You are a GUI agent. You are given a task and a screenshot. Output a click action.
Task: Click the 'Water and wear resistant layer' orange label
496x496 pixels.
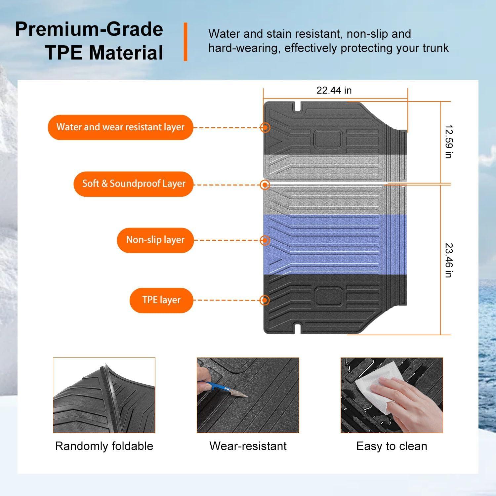coord(120,127)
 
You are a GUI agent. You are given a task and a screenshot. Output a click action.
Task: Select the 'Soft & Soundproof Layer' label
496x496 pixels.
coord(133,184)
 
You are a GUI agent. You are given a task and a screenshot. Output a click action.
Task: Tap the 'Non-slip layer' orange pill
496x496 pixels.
coord(155,240)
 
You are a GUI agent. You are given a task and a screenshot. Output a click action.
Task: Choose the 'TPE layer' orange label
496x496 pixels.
coord(161,300)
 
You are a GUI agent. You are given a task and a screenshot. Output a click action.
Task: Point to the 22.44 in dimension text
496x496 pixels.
coord(334,90)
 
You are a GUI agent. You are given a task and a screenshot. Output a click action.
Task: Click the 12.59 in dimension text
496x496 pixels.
coord(448,142)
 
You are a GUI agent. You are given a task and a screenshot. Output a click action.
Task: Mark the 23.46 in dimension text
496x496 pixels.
coord(448,260)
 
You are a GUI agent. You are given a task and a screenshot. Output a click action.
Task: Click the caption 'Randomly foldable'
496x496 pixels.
coord(104,446)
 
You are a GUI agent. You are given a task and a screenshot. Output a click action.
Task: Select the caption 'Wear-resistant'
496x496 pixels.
coord(248,446)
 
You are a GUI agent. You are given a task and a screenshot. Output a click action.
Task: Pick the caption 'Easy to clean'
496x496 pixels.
coord(392,446)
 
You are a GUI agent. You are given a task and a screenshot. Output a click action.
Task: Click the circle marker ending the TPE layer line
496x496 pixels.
coord(265,300)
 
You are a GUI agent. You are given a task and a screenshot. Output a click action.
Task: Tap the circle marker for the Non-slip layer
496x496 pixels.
coord(265,240)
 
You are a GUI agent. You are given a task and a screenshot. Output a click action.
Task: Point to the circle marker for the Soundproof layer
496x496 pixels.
coord(265,185)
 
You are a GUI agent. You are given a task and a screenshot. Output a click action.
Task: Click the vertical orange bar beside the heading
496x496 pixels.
coord(186,42)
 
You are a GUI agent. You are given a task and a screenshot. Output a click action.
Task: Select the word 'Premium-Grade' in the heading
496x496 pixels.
coord(89,29)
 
